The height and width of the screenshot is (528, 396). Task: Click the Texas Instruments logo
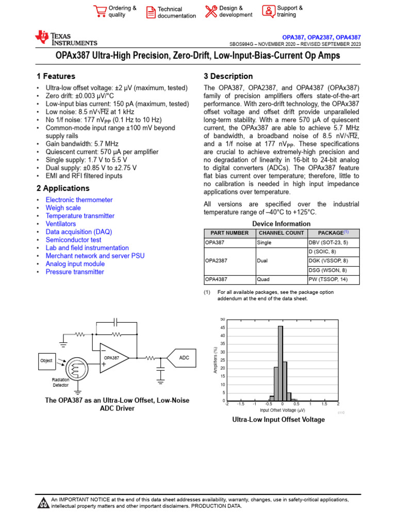point(65,38)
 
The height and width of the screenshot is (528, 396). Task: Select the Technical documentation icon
point(151,12)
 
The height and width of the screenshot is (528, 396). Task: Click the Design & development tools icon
point(211,11)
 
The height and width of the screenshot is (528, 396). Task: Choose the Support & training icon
point(269,11)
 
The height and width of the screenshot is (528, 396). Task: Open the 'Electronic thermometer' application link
point(79,200)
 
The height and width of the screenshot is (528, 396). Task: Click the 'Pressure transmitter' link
point(75,272)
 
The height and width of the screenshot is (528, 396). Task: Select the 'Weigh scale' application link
point(63,208)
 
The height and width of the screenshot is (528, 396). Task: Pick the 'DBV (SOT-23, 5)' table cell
point(328,242)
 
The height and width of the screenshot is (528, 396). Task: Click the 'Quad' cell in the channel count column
point(262,279)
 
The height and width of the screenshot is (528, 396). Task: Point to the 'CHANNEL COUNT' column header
point(281,233)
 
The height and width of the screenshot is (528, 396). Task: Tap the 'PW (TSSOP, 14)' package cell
point(328,279)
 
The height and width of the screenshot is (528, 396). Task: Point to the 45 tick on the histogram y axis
point(222,327)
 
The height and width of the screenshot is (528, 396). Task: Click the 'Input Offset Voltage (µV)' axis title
point(283,410)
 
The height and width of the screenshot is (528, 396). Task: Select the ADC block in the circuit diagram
point(184,358)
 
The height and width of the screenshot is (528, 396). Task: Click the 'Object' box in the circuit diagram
point(46,361)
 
